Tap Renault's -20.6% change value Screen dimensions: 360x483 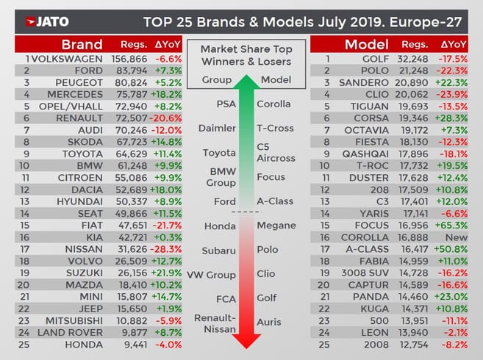pos(165,118)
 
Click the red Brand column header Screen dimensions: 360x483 pos(82,44)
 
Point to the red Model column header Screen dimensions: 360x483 pos(368,44)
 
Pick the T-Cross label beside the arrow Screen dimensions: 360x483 pos(275,128)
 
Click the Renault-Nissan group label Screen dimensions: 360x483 pos(217,323)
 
